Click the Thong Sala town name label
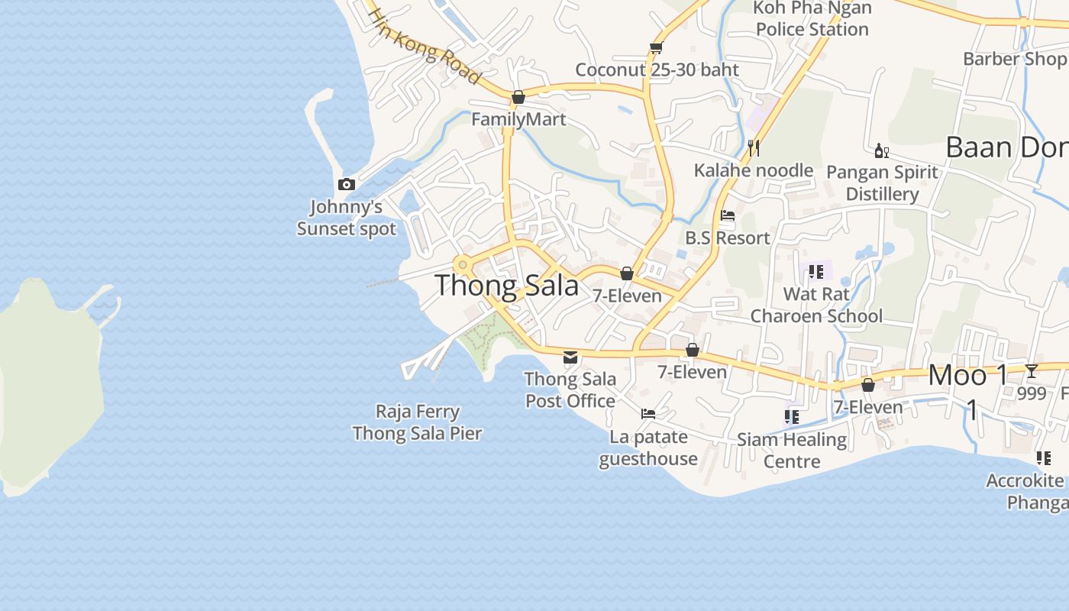point(507,286)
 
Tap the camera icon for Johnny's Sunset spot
point(347,184)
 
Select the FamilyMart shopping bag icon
point(518,97)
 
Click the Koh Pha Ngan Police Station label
point(812,19)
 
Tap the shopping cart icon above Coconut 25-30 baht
point(655,47)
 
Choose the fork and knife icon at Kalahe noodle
point(754,147)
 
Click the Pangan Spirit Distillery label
point(882,183)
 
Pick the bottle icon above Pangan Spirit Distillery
point(881,150)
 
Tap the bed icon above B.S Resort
point(728,215)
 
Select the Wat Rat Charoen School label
point(816,305)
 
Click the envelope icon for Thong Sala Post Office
point(570,357)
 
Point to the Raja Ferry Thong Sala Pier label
point(418,422)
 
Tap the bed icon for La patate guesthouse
point(648,414)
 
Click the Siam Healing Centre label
point(792,450)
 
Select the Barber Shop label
point(1015,59)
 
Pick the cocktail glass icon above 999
point(1032,371)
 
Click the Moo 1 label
point(968,376)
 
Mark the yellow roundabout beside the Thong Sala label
point(463,265)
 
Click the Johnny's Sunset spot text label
point(347,218)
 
